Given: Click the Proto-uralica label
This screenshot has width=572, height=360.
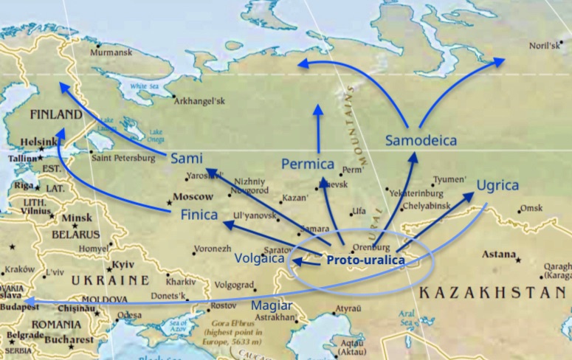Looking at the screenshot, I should tap(365, 260).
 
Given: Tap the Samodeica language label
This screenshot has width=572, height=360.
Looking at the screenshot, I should tap(421, 140).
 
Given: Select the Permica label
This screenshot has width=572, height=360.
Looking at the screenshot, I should tap(308, 164).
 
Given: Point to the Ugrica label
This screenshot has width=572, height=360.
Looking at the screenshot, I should tap(497, 185).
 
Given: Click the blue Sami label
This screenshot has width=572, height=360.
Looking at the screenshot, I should tap(186, 159).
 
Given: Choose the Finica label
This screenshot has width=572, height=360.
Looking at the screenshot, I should tap(199, 215).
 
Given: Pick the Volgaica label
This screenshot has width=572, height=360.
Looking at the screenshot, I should tap(258, 258).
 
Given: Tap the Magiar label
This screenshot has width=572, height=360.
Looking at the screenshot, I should tap(271, 305).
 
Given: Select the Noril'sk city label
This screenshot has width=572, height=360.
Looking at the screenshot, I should tap(545, 46).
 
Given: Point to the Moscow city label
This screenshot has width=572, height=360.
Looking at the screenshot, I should tap(193, 197).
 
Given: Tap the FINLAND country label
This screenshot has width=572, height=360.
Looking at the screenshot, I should tap(56, 115).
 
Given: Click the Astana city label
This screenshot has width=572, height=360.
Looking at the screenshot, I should tap(498, 255).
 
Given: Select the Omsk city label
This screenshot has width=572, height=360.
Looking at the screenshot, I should tap(531, 209).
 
